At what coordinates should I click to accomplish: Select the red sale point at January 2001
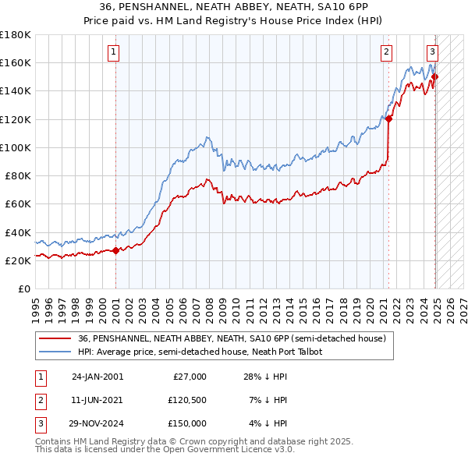(115, 250)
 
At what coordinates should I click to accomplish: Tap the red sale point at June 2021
(388, 119)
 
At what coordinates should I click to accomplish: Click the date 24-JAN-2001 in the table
(97, 377)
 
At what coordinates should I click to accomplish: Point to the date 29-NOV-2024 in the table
(97, 423)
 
